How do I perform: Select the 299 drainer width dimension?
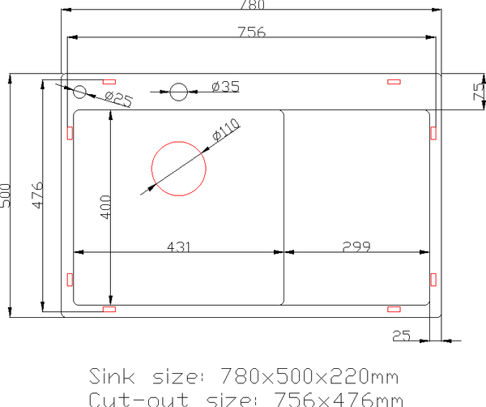pos(356,247)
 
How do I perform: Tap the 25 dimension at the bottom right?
pos(401,335)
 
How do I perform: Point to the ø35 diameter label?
pos(224,86)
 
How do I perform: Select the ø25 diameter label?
pos(118,100)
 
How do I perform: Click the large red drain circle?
pos(180,169)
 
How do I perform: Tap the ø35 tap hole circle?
pos(179,92)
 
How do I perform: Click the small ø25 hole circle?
pos(79,92)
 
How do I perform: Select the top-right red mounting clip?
pos(394,81)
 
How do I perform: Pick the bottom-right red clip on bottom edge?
pos(394,308)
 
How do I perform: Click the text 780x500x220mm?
pos(311,377)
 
